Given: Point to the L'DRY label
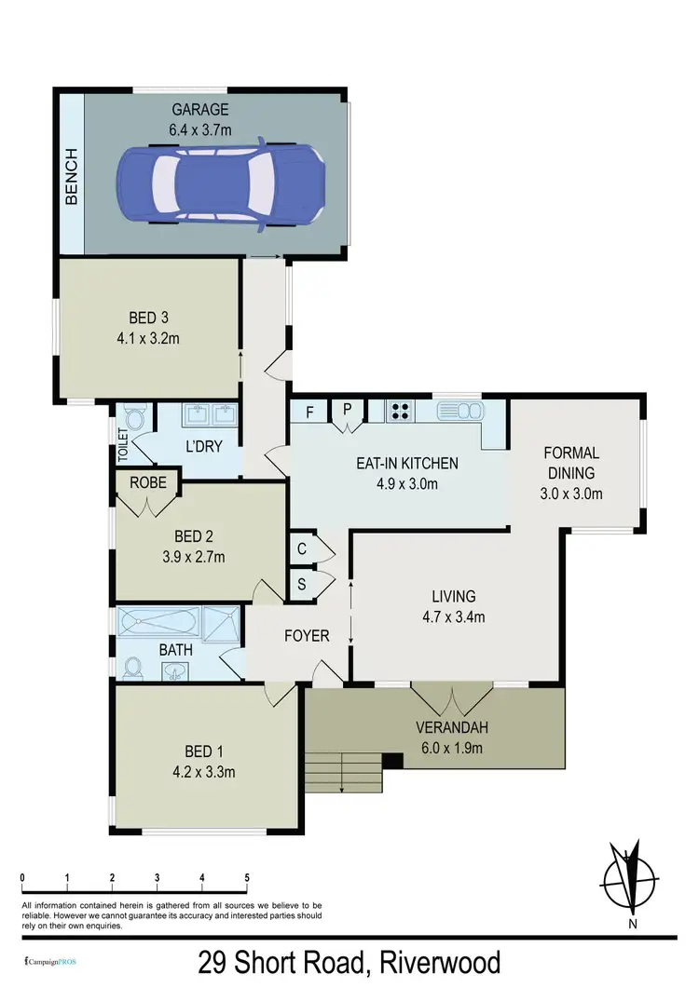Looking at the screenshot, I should point(203,446).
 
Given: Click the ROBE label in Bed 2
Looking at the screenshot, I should point(147,483).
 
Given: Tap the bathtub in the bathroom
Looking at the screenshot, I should point(158,623).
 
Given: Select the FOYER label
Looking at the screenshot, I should point(306,636).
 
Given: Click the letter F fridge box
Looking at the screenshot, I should point(308,410).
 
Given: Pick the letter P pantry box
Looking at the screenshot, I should point(346,410).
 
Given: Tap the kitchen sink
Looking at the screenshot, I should point(458,410).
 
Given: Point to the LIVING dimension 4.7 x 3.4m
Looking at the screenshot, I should point(454,615).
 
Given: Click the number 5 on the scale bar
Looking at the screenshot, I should point(247,876).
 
